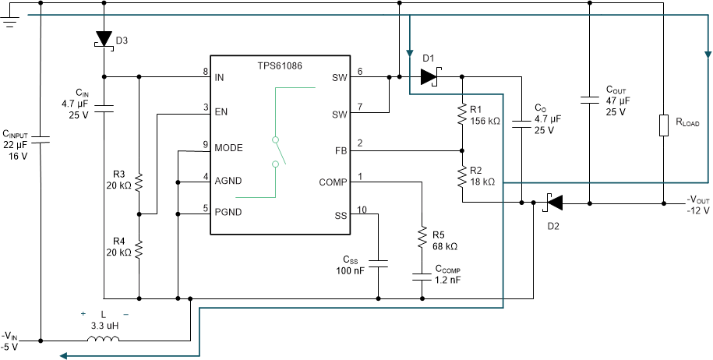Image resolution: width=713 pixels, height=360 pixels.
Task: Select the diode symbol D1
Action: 429,76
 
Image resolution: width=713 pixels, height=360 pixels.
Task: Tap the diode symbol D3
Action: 104,40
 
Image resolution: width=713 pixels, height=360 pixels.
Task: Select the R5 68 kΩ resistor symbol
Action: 422,236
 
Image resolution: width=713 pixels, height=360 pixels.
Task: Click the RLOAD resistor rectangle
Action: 663,125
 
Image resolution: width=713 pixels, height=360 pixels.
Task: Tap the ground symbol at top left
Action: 10,20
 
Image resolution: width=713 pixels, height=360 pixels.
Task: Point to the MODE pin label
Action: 229,146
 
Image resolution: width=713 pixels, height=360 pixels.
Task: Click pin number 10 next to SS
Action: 361,210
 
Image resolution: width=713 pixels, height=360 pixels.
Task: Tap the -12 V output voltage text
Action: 697,211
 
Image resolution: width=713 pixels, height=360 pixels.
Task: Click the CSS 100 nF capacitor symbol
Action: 378,264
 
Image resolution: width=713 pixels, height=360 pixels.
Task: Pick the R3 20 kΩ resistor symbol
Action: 139,182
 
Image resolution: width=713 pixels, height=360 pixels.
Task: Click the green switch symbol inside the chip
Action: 278,151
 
